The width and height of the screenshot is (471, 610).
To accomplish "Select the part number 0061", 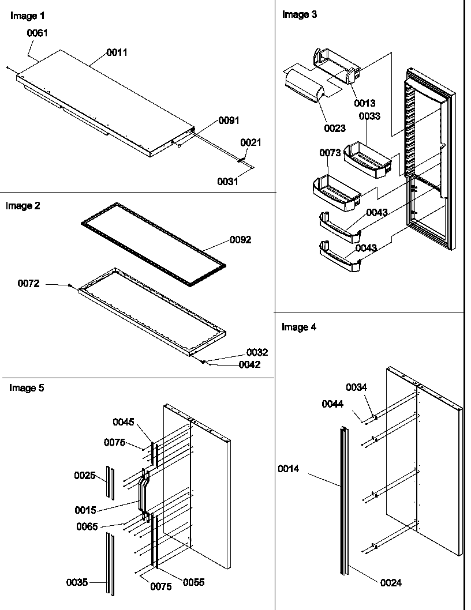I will (x=37, y=33).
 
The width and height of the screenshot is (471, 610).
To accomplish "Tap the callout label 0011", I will (x=117, y=52).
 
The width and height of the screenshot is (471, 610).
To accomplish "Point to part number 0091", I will (x=229, y=121).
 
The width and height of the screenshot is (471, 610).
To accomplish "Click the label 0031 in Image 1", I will (x=227, y=181).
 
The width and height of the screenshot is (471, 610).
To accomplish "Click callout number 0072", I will (x=28, y=283).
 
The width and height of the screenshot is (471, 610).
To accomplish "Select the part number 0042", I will (x=249, y=364).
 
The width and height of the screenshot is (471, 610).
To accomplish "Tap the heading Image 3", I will (x=299, y=14).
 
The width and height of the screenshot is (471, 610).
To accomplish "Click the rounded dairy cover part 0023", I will (x=305, y=85).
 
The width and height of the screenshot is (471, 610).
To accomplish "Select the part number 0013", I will (x=365, y=103).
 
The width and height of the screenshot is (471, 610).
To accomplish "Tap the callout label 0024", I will (x=391, y=583).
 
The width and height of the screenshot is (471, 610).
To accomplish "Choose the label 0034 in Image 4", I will (x=356, y=387).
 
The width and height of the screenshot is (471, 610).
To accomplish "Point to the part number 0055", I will (x=193, y=582).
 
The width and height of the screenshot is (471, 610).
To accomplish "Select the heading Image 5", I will (x=27, y=388).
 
